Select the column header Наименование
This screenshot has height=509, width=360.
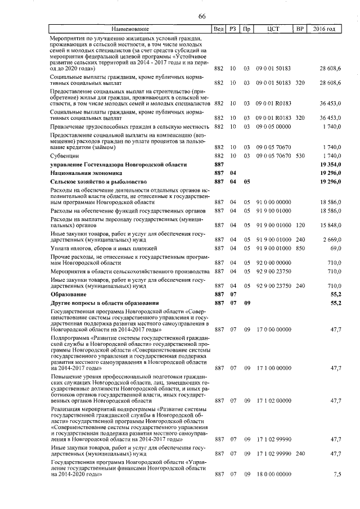pos(130,29)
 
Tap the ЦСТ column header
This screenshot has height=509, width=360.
pos(273,29)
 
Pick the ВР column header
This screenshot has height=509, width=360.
pos(300,29)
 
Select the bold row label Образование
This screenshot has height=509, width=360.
pos(68,294)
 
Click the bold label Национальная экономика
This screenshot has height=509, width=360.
pos(86,174)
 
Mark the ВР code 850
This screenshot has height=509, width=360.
pos(300,248)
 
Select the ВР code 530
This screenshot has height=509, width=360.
pos(300,155)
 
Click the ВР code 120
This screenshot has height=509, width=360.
pos(300,225)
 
